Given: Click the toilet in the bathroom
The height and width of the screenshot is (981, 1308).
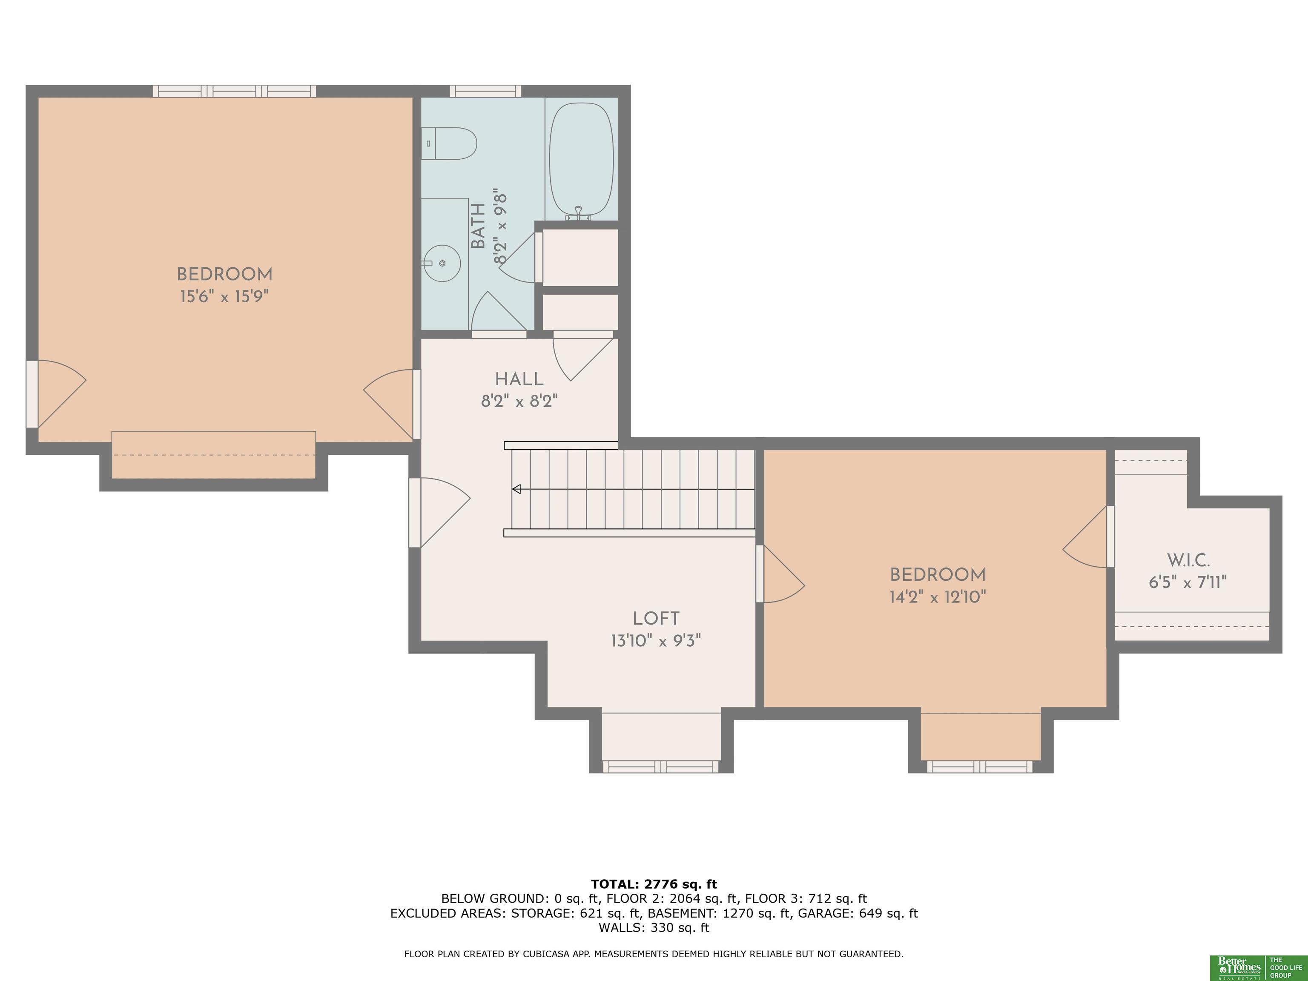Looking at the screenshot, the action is click(449, 143).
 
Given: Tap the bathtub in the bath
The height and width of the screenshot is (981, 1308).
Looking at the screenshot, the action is click(581, 160).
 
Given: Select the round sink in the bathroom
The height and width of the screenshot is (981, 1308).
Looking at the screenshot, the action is click(443, 263).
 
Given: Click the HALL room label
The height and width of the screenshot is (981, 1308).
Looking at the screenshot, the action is click(519, 379).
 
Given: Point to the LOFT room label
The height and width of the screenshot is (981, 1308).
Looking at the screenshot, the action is click(656, 619).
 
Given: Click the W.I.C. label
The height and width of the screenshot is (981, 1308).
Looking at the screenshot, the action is click(1188, 560).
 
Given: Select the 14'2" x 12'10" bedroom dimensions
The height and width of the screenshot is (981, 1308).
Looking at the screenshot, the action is click(938, 597).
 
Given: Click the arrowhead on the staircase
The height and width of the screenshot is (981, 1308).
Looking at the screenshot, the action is click(516, 489).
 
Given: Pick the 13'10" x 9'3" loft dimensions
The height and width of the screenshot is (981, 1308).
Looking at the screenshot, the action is click(656, 640).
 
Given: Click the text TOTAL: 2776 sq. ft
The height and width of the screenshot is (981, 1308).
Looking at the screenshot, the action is click(654, 884).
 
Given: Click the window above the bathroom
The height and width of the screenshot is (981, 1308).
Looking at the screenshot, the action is click(485, 91).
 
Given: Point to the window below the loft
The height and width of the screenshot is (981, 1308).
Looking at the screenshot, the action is click(661, 767).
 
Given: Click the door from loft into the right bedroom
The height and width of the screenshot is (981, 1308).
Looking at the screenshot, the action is click(780, 574).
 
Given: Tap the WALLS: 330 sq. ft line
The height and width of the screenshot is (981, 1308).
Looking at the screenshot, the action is click(654, 927).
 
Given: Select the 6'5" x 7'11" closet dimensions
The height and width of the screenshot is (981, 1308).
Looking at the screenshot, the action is click(1188, 582).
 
